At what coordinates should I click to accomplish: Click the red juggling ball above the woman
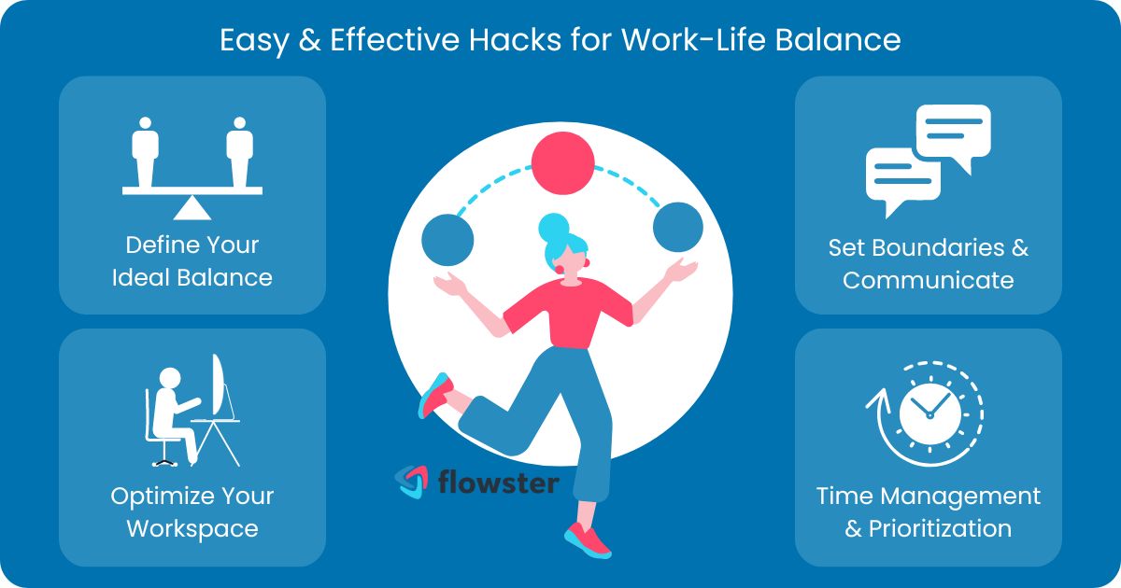tap(562, 162)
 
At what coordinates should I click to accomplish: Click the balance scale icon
tap(192, 163)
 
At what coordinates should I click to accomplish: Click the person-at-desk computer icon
tap(192, 410)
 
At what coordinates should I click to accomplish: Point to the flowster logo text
tap(499, 482)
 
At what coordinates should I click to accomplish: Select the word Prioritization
tap(940, 528)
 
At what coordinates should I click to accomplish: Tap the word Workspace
tap(192, 528)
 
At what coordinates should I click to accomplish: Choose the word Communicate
tap(928, 280)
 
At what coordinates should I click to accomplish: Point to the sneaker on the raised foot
tap(434, 394)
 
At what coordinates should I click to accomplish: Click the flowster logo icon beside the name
tap(411, 482)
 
